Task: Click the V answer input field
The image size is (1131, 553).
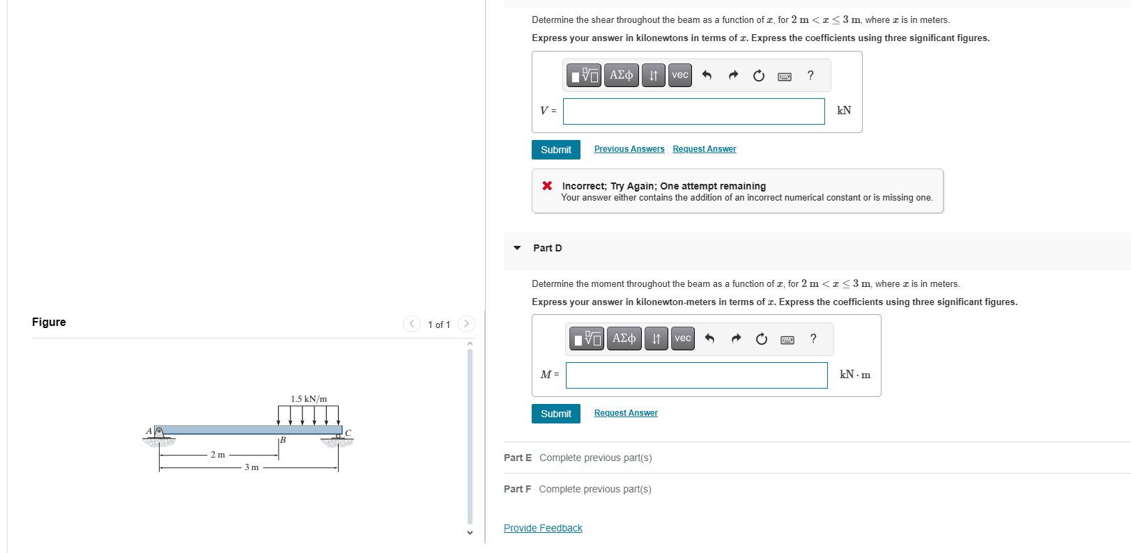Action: (x=693, y=111)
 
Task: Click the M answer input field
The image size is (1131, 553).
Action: (x=696, y=375)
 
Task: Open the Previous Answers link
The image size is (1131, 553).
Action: (x=629, y=149)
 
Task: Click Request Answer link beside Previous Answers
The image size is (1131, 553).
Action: (x=704, y=149)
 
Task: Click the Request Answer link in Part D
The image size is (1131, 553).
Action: (x=625, y=413)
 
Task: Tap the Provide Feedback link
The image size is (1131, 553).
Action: (x=543, y=528)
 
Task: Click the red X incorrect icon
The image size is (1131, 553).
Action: (x=547, y=185)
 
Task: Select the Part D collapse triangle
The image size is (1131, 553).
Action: (x=517, y=248)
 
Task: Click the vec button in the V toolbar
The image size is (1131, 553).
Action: (x=679, y=75)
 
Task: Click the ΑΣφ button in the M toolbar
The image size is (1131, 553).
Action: (x=624, y=339)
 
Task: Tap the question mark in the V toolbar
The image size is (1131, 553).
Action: (x=810, y=75)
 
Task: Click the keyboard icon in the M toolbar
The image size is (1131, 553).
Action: (x=787, y=340)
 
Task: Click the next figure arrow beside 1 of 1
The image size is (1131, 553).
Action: (x=466, y=324)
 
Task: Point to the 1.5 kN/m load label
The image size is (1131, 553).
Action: (x=309, y=399)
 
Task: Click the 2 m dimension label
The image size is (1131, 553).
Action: (x=218, y=455)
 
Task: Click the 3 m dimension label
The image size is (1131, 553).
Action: (x=252, y=467)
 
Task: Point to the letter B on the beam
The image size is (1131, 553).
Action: (x=283, y=440)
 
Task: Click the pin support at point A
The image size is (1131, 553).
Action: (x=159, y=434)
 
